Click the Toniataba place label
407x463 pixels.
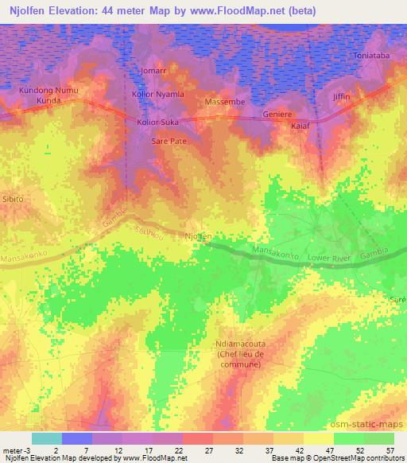click(371, 79)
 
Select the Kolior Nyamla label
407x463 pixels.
click(157, 95)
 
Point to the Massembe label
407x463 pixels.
click(224, 103)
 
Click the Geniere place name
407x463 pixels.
click(277, 114)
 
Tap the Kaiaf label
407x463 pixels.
click(300, 126)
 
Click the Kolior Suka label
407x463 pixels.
click(158, 123)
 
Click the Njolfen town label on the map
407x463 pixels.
click(198, 236)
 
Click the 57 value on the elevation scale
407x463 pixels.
click(389, 451)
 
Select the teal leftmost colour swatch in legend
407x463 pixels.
click(47, 438)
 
